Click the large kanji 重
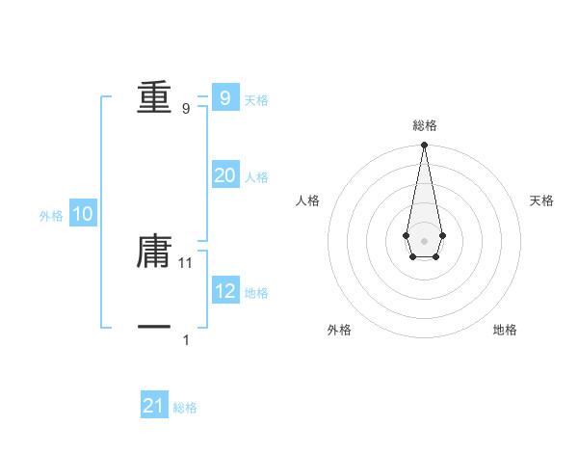154,97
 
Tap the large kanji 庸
154,251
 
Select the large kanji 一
154,328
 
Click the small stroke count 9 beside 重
186,109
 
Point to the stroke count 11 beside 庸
187,262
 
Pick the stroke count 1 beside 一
186,340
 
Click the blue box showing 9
224,97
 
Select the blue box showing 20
224,175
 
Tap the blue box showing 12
224,291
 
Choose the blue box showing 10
83,214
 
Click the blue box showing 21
154,406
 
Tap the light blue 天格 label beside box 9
256,99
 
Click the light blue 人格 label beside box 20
256,177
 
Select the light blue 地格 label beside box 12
256,293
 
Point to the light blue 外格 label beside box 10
51,216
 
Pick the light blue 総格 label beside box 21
185,408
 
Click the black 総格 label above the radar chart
425,125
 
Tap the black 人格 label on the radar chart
308,200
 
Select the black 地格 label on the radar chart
505,330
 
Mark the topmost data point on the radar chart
424,146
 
